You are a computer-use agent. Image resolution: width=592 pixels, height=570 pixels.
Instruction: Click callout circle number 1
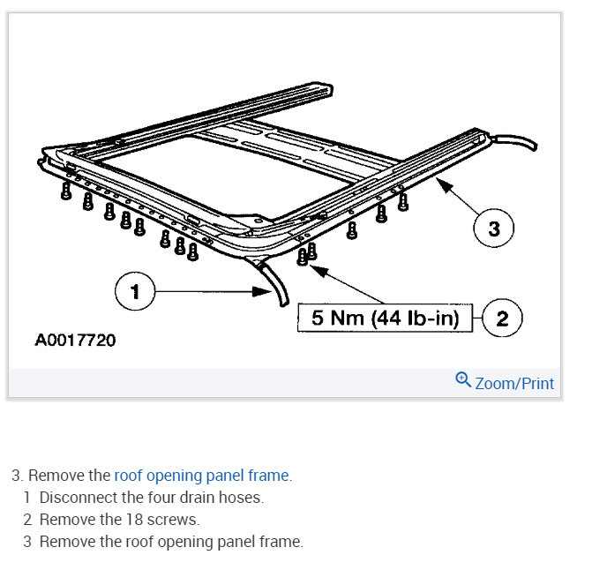pos(135,292)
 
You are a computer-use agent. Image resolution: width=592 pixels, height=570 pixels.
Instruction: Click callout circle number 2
pos(502,319)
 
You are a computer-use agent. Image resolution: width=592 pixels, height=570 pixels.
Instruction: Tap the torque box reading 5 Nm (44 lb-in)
pos(386,319)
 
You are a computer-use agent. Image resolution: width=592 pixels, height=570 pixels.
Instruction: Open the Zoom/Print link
pos(514,383)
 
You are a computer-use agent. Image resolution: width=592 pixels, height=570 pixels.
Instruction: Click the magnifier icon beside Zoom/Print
pos(462,380)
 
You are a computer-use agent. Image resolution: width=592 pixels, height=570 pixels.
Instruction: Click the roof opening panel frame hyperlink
pos(201,476)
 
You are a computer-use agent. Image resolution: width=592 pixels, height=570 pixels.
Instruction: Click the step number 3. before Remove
pos(17,476)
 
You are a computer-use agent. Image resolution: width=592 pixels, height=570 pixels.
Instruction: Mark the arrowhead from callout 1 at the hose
pos(266,290)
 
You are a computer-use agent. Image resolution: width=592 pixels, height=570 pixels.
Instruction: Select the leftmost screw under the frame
pos(66,191)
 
